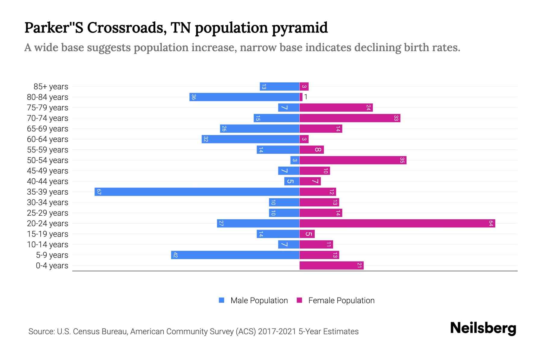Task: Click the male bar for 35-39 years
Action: coord(197,192)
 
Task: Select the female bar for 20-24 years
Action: coord(397,223)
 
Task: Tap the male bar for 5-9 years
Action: coord(235,255)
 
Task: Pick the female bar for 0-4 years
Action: coord(332,265)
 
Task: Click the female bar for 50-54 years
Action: coord(353,160)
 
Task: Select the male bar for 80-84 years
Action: coord(244,97)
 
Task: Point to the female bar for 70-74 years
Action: coord(350,118)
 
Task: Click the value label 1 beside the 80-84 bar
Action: coord(306,97)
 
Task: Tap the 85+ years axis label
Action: coord(51,87)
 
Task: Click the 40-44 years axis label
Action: coord(48,181)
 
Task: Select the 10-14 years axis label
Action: coord(48,245)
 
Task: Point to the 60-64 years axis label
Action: coord(48,139)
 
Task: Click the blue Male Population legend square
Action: coord(222,300)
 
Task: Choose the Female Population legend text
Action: coord(341,301)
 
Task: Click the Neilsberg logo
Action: coord(483,328)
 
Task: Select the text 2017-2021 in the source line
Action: coord(277,332)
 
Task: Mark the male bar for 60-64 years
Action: coord(251,139)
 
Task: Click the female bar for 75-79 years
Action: coord(336,107)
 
